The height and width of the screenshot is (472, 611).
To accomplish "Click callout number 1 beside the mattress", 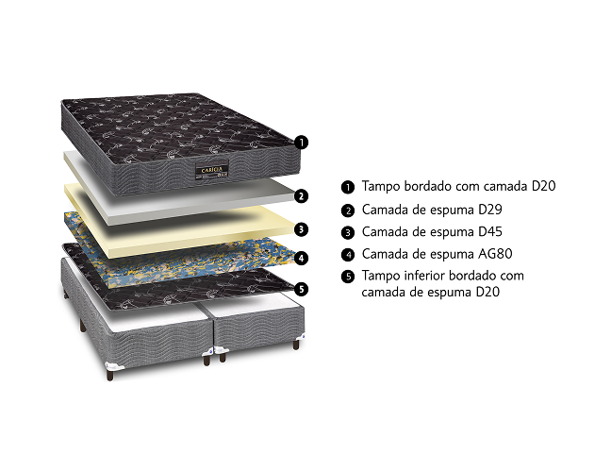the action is click(301, 142).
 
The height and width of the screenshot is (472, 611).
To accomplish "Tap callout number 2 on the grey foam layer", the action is click(301, 195).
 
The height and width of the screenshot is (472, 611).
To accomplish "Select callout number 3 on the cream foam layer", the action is click(301, 229).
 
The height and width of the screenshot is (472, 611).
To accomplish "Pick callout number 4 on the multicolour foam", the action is click(301, 258).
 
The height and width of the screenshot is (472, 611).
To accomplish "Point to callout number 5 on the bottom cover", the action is click(301, 289).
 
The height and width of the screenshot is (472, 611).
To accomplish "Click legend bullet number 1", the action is click(348, 187).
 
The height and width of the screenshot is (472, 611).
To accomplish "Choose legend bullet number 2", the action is click(348, 211).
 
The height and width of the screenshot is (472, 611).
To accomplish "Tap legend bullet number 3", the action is click(348, 233).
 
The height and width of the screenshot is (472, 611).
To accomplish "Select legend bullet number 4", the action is click(348, 255).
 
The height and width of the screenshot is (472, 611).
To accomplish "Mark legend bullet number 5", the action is click(348, 277).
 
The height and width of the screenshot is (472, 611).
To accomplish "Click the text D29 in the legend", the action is click(490, 210).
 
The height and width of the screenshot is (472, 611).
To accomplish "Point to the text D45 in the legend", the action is click(490, 231).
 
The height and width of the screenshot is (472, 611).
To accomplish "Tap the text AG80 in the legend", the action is click(495, 254).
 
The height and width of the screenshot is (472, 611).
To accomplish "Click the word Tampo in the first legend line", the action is click(381, 187).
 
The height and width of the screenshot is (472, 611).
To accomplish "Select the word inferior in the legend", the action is click(424, 276).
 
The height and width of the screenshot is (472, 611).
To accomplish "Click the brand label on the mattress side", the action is click(212, 170).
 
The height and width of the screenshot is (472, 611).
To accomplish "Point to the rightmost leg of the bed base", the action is click(296, 344).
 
